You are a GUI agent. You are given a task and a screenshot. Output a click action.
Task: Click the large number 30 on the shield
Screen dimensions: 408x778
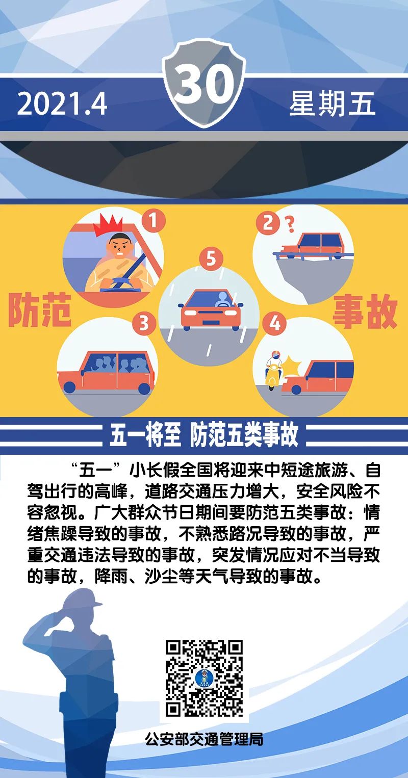[x=205, y=85]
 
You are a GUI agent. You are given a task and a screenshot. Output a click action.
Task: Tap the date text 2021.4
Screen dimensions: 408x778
[x=62, y=104]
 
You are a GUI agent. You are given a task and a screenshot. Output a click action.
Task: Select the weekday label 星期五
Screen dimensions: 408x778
[x=332, y=103]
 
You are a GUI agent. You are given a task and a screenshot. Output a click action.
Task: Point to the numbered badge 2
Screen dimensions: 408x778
[x=268, y=223]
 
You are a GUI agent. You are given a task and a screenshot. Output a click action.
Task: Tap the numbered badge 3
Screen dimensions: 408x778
[x=144, y=323]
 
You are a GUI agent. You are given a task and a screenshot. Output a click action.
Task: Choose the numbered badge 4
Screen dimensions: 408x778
[x=274, y=323]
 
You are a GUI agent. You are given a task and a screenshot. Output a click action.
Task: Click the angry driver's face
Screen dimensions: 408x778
[x=120, y=247]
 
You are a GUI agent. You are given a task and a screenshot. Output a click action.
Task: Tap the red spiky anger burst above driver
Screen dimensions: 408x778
[x=113, y=225]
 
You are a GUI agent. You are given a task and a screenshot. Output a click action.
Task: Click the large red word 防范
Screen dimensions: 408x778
[x=40, y=310]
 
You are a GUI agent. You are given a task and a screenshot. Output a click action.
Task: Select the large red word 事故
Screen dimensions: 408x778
[x=365, y=311]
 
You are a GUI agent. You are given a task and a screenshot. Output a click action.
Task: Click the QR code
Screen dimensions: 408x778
[x=204, y=678]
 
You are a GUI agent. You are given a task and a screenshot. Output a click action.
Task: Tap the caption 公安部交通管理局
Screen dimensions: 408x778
[x=204, y=739]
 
